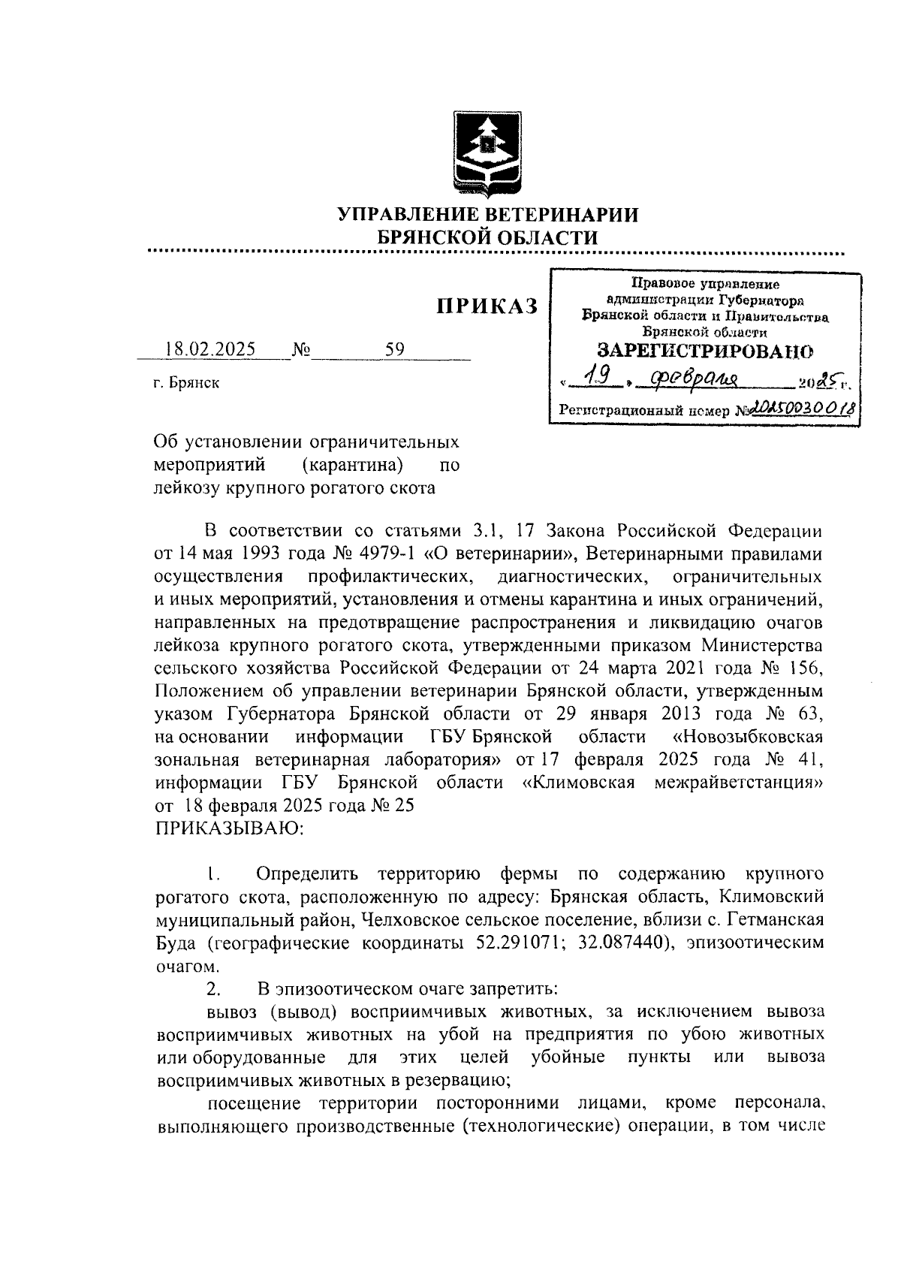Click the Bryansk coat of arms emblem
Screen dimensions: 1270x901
click(489, 154)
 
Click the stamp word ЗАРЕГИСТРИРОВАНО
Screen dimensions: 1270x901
click(704, 350)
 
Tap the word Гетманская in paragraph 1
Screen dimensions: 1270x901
click(777, 919)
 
